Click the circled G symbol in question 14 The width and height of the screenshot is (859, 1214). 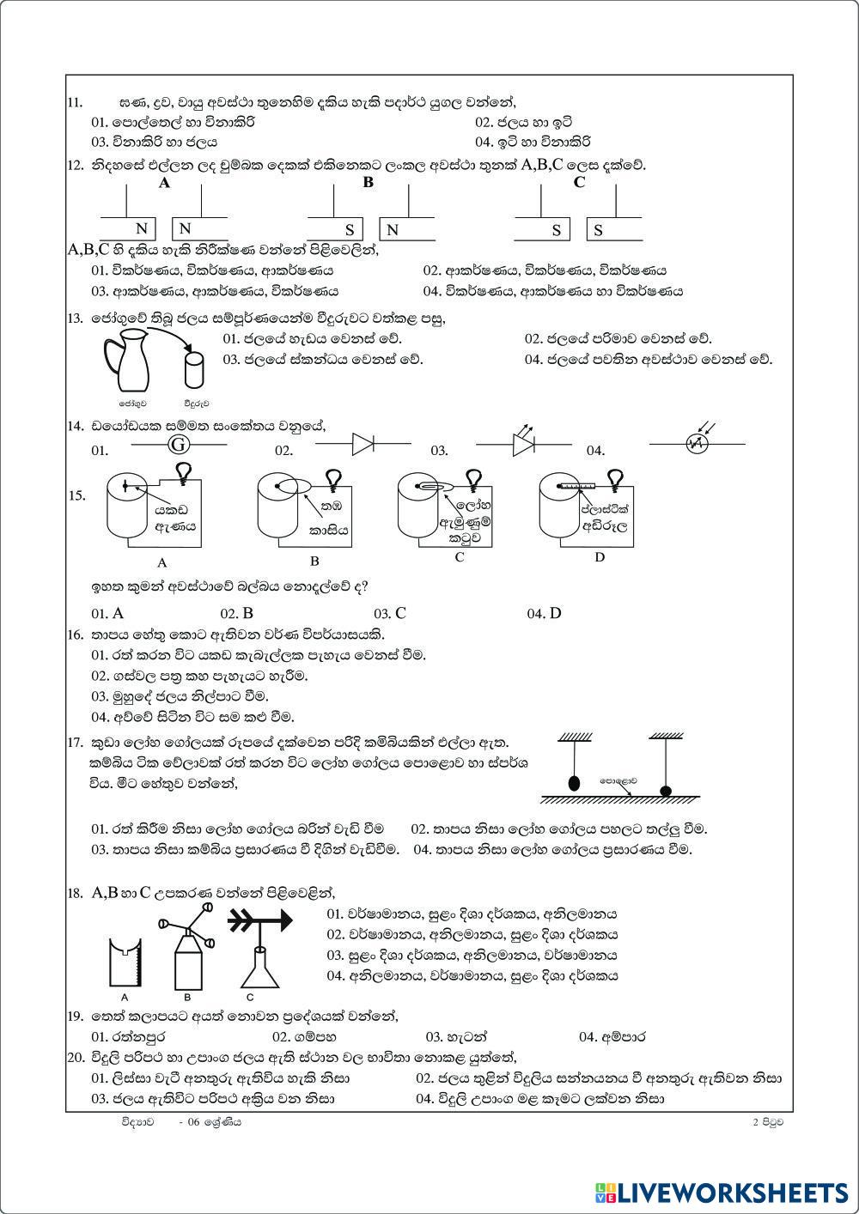click(x=178, y=445)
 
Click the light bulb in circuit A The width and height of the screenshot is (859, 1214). click(x=183, y=471)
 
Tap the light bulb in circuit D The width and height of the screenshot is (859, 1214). click(x=616, y=476)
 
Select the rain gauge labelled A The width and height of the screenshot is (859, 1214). click(x=125, y=963)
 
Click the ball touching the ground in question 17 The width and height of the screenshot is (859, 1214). click(x=665, y=790)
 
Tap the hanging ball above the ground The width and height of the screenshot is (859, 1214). click(x=573, y=783)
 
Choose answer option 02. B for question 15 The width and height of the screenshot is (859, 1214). click(x=237, y=613)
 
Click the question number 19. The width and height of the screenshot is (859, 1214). click(x=74, y=1017)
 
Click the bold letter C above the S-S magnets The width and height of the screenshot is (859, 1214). click(x=579, y=182)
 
